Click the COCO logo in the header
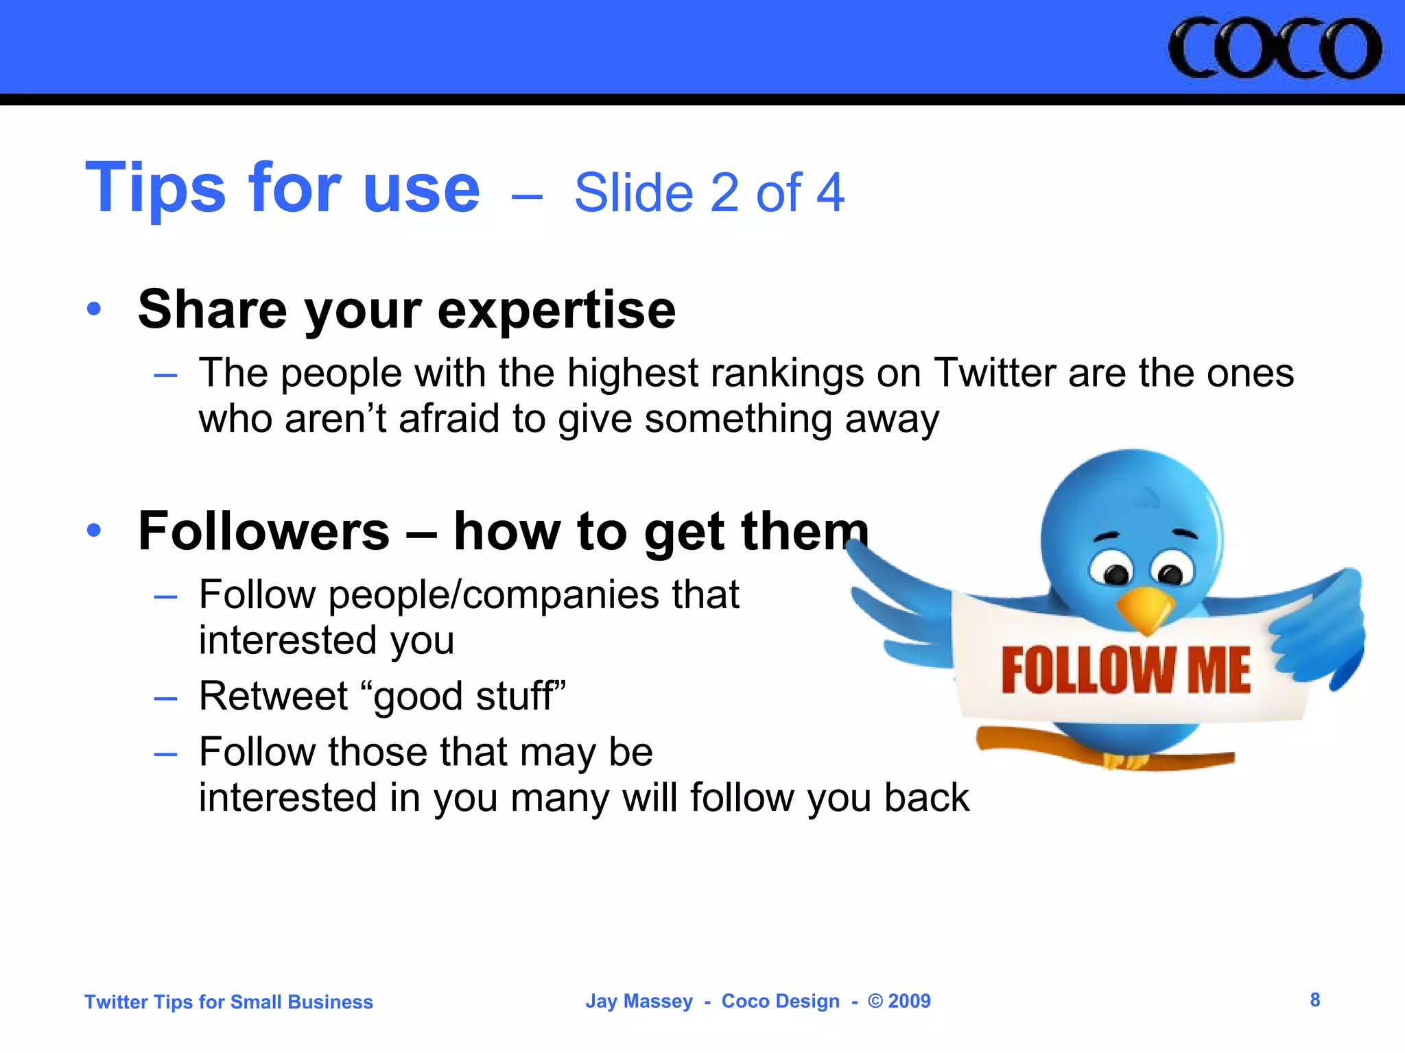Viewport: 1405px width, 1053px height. point(1275,49)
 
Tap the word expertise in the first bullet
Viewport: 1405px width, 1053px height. point(556,310)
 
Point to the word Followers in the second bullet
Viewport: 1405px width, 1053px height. point(264,531)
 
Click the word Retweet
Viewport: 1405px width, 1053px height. point(274,696)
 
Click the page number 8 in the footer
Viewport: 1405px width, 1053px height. point(1314,1000)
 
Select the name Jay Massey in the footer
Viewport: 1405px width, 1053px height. point(639,1002)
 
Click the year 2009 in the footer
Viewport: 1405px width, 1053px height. point(909,1002)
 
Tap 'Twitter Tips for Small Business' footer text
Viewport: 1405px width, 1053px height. point(228,1002)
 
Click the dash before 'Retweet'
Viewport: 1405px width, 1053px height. point(165,699)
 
